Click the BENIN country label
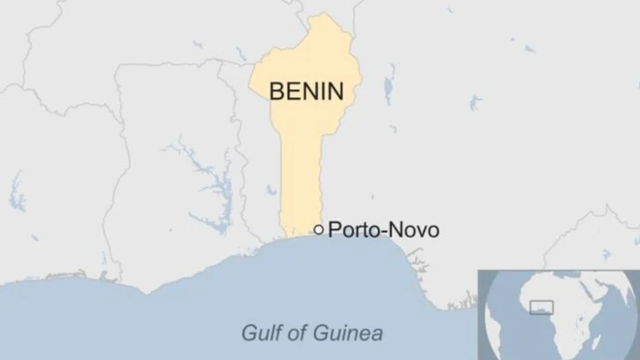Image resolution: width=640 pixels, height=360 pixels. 305,91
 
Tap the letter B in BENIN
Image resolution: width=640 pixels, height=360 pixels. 276,91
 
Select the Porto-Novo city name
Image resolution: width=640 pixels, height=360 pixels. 384,230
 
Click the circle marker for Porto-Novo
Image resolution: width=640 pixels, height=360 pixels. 318,230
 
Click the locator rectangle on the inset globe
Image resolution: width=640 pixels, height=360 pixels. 540,309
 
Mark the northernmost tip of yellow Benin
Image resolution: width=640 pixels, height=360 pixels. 318,16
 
